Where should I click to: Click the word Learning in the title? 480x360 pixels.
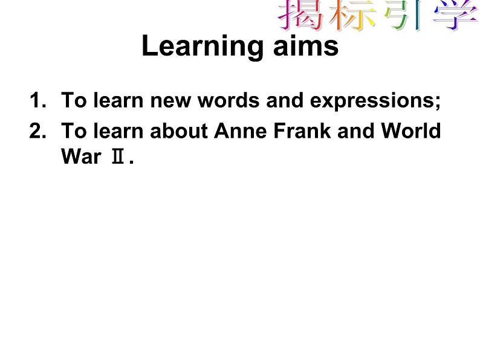pos(198,47)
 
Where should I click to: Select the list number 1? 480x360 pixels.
pos(36,101)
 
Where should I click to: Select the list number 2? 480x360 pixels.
pos(36,131)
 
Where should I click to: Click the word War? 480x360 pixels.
pos(80,158)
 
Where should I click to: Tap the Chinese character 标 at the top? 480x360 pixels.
pos(351,14)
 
